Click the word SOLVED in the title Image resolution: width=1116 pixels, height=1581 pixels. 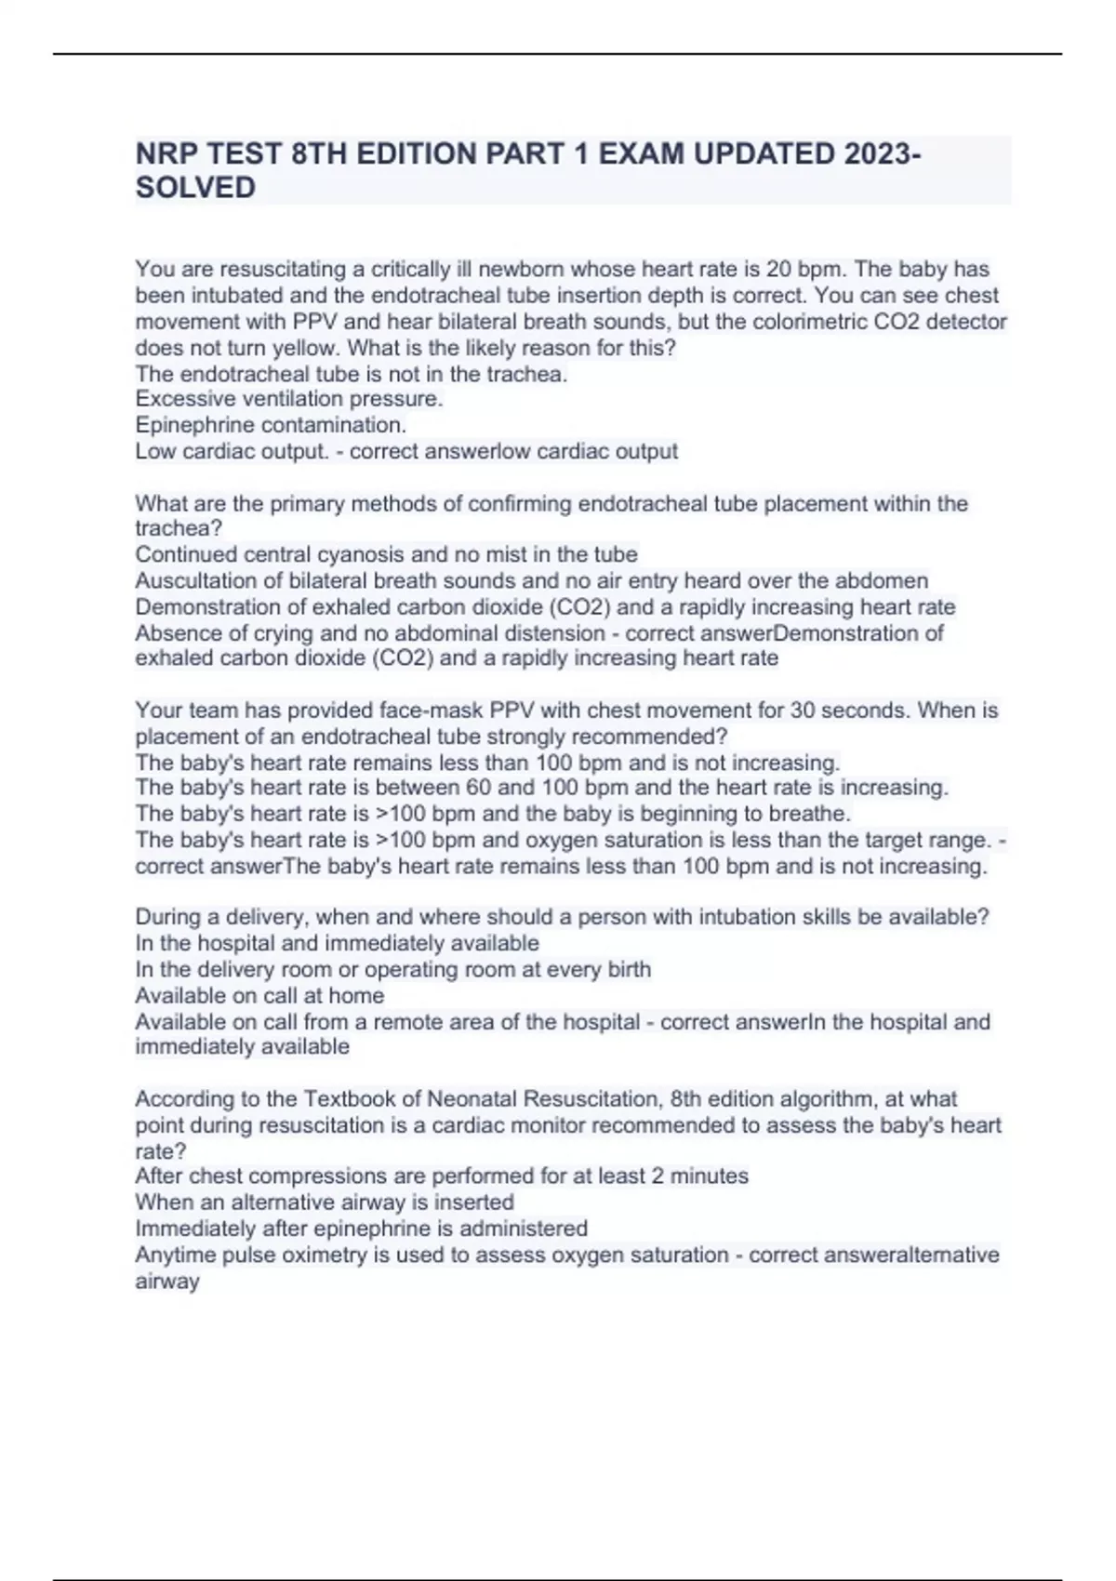click(x=195, y=188)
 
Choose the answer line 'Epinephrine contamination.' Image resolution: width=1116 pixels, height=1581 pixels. click(x=271, y=425)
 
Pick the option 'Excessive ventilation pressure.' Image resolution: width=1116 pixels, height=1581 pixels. click(x=288, y=399)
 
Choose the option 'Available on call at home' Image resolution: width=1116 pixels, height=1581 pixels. click(x=259, y=995)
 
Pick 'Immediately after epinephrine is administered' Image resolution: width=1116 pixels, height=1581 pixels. click(x=361, y=1229)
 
